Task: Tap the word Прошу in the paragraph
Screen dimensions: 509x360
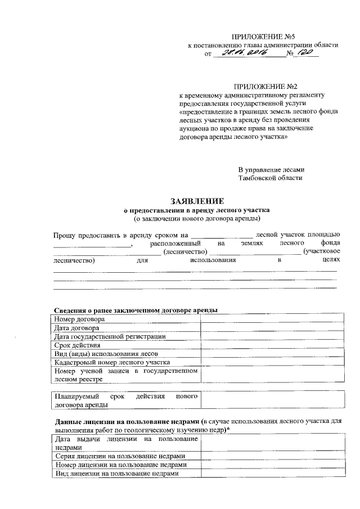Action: click(x=66, y=233)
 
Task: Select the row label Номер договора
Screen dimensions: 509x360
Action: click(x=79, y=319)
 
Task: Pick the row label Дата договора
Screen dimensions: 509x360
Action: click(x=77, y=327)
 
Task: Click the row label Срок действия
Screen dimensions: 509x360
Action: click(x=78, y=345)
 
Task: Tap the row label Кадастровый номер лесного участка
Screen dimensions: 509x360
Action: click(x=112, y=362)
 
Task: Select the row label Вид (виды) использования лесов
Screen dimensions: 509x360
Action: click(x=105, y=354)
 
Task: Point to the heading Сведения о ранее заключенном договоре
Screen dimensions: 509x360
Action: click(x=136, y=310)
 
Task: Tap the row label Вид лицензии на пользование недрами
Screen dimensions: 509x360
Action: click(x=117, y=474)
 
